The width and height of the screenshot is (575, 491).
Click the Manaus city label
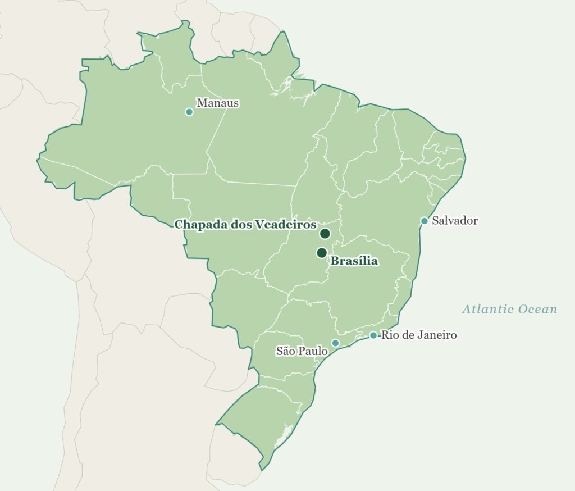(217, 103)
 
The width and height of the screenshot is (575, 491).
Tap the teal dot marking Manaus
(189, 112)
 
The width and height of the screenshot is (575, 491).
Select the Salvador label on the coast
(455, 221)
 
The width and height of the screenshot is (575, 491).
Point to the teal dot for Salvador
(425, 221)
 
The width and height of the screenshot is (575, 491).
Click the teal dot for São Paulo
(335, 343)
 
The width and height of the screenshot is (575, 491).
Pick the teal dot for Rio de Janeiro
(373, 335)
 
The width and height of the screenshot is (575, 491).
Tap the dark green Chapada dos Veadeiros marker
(325, 234)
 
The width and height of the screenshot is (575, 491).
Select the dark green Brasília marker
(322, 253)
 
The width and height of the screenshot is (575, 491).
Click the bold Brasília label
(354, 261)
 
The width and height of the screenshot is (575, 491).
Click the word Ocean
(536, 310)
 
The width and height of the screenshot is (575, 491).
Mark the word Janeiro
(436, 335)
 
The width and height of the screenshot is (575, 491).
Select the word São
(286, 351)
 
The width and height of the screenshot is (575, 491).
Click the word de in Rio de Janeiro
(408, 335)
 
